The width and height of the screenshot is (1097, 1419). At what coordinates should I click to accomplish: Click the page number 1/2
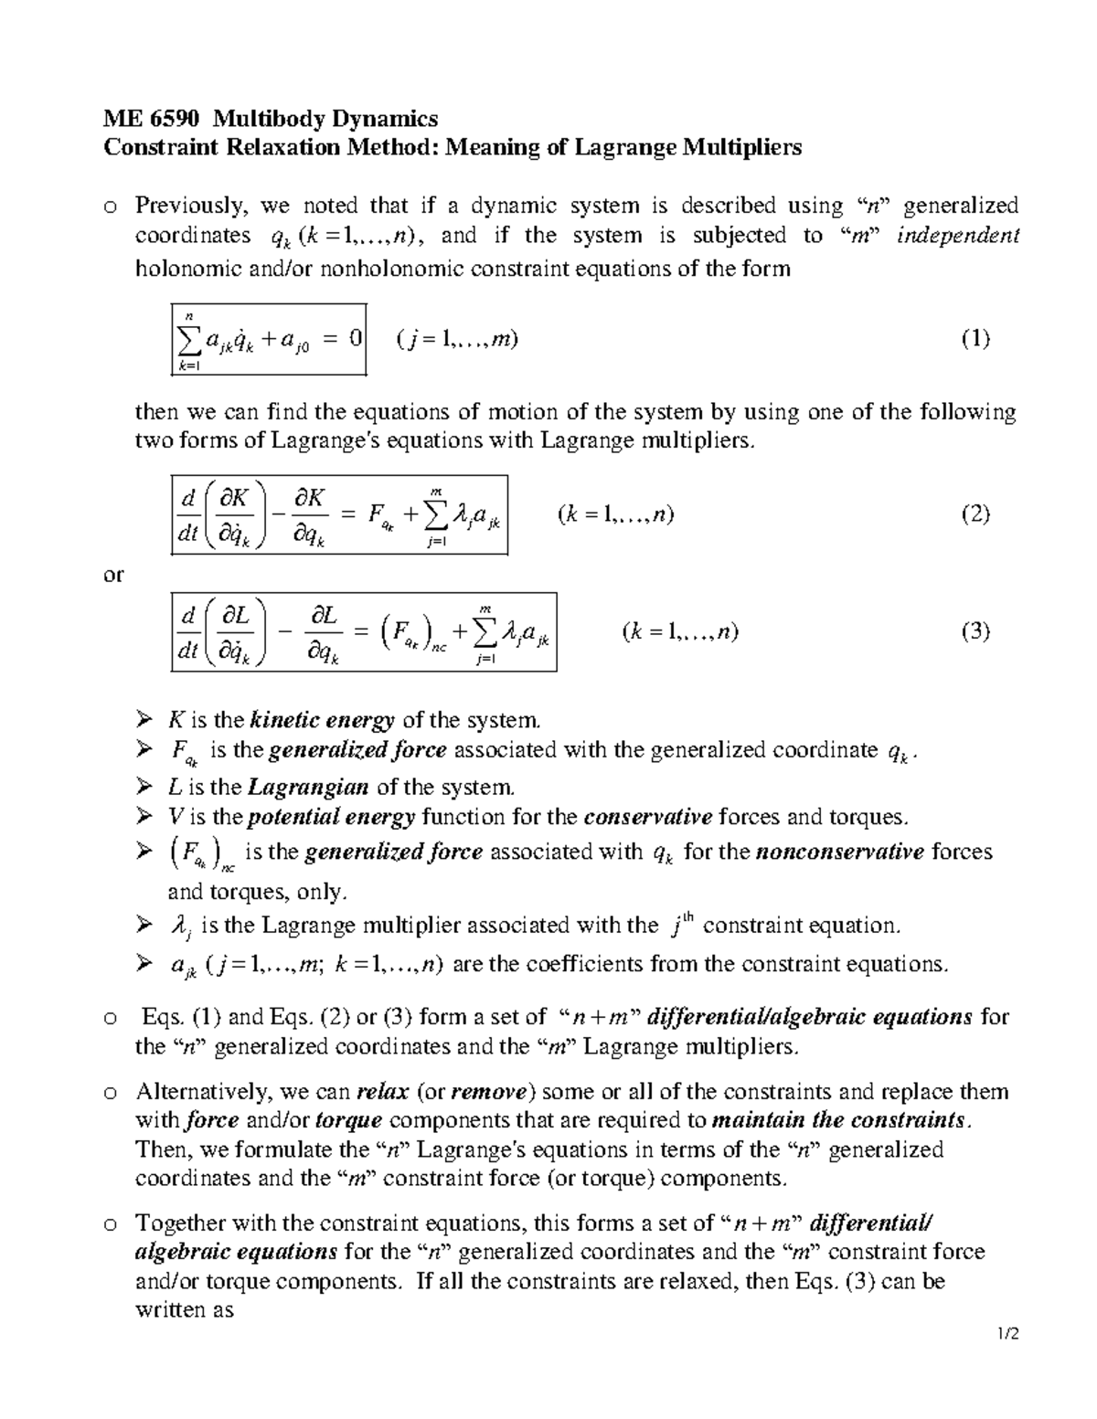pyautogui.click(x=1007, y=1335)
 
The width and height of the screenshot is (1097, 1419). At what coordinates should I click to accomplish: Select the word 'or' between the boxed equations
pyautogui.click(x=113, y=575)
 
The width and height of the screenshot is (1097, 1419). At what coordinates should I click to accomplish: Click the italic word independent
pyautogui.click(x=957, y=236)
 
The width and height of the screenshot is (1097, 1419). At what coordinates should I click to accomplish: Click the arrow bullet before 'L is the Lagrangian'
pyautogui.click(x=144, y=787)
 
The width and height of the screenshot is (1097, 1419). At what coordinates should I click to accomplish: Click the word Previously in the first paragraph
pyautogui.click(x=191, y=206)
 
